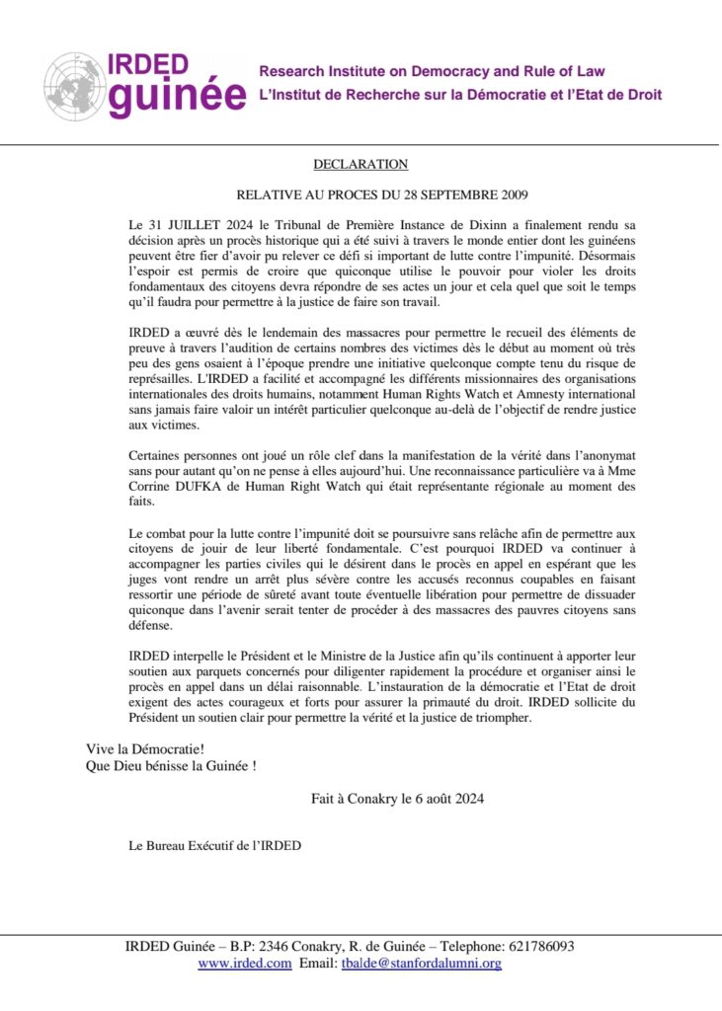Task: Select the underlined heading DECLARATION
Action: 361,164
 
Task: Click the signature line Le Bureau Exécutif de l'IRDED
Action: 214,845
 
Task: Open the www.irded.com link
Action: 244,964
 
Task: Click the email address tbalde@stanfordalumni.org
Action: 421,964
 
